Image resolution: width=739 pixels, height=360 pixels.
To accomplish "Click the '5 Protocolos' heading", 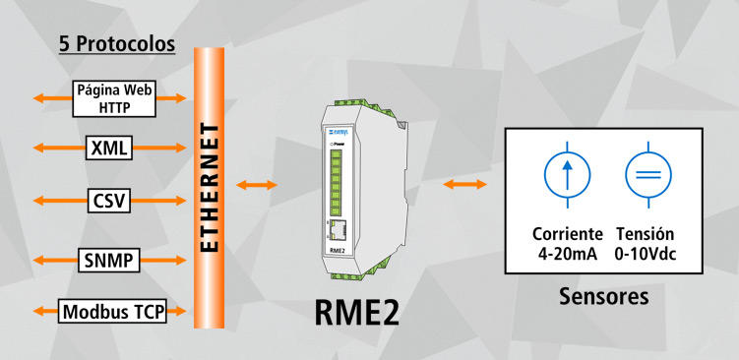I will pos(117,45).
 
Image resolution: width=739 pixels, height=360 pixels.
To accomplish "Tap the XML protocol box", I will pos(109,149).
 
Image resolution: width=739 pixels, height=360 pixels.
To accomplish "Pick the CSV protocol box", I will pos(109,201).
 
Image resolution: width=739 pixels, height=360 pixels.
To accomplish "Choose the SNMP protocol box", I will pos(109,261).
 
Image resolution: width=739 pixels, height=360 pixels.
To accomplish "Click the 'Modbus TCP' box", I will pos(112,313).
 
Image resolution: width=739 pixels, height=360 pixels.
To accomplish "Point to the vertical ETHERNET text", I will pos(209,186).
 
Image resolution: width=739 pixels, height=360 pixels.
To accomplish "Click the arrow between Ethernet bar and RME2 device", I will pos(257,184).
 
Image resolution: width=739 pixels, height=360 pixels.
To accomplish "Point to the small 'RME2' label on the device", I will pos(338,251).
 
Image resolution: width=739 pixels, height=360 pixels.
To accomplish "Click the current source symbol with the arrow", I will pos(568,175).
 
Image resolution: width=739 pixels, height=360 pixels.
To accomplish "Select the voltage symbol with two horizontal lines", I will pos(648,175).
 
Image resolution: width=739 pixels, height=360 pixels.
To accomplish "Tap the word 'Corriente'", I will pos(567,235).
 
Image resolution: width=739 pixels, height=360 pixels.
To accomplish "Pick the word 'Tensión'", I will pos(646,235).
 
